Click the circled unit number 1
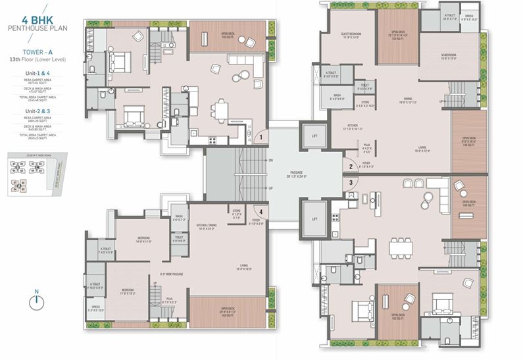(261, 138)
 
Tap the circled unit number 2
(351, 167)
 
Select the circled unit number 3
(351, 183)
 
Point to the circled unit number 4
(261, 211)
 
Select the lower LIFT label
(314, 218)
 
